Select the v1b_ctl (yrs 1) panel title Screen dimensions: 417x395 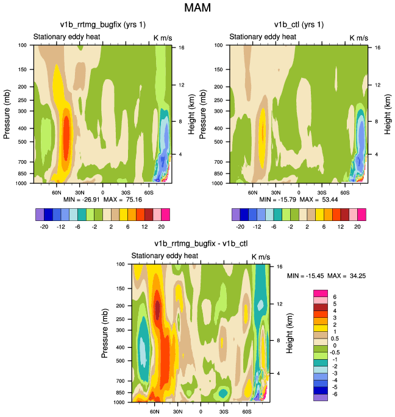coord(299,25)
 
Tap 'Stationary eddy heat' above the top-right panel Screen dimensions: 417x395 coord(263,37)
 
